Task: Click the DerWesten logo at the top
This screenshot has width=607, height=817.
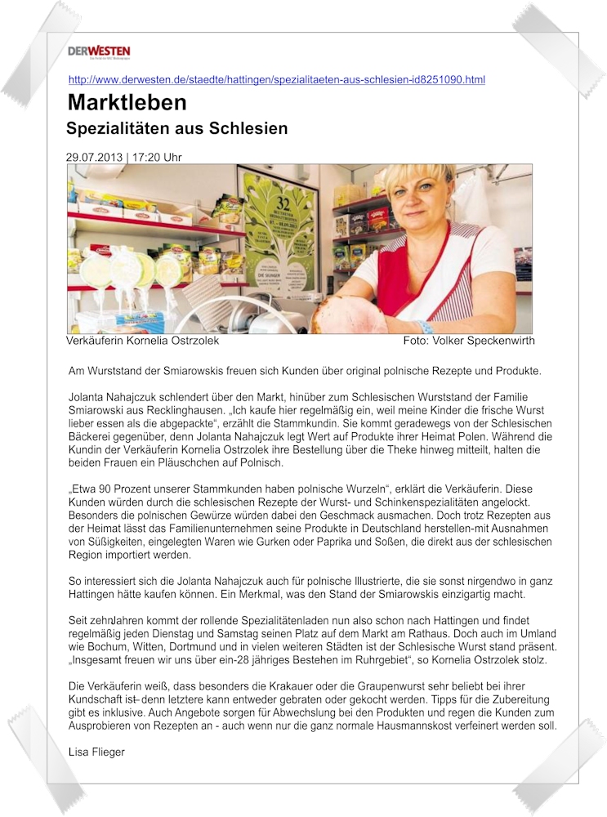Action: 99,52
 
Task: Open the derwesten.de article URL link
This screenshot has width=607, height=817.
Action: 276,80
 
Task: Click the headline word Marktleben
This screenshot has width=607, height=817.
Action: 127,103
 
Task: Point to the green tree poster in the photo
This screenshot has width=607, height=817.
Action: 280,237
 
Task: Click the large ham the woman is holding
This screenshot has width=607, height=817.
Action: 352,315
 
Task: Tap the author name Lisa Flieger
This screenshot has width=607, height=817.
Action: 96,752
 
